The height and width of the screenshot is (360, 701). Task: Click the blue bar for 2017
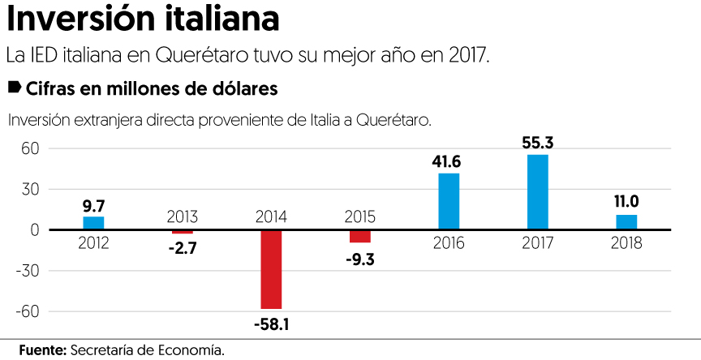pyautogui.click(x=537, y=192)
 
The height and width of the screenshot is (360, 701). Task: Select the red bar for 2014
pyautogui.click(x=271, y=269)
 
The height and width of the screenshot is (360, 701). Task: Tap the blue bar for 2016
pyautogui.click(x=449, y=201)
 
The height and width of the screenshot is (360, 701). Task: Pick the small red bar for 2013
pyautogui.click(x=183, y=233)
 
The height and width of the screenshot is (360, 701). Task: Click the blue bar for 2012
pyautogui.click(x=93, y=223)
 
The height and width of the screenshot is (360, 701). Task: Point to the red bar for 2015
pyautogui.click(x=360, y=236)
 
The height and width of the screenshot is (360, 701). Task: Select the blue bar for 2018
pyautogui.click(x=626, y=222)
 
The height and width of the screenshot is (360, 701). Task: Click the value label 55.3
pyautogui.click(x=538, y=143)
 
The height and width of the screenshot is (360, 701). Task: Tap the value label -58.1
pyautogui.click(x=271, y=325)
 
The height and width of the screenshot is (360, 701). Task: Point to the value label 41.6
pyautogui.click(x=449, y=162)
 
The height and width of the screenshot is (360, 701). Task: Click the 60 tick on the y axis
pyautogui.click(x=30, y=148)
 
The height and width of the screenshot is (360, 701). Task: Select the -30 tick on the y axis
pyautogui.click(x=27, y=271)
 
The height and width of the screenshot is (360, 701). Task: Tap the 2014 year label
pyautogui.click(x=271, y=216)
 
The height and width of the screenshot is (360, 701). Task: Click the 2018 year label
pyautogui.click(x=626, y=243)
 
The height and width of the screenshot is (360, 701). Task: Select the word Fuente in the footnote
pyautogui.click(x=41, y=349)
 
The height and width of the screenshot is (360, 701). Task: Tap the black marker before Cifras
pyautogui.click(x=14, y=86)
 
